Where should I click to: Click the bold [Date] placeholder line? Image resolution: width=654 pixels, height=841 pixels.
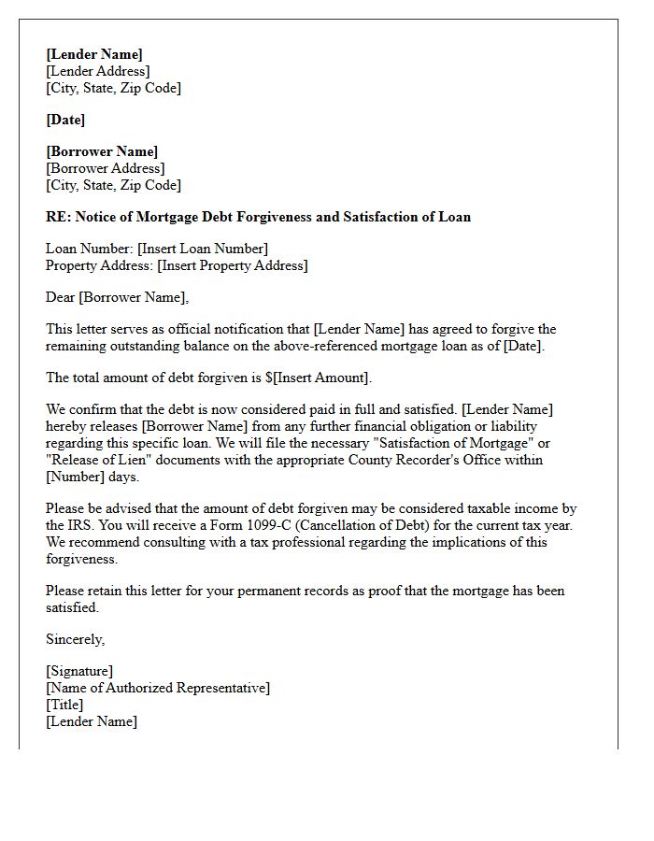(x=65, y=120)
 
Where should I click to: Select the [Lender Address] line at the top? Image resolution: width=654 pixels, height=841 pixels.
(x=97, y=71)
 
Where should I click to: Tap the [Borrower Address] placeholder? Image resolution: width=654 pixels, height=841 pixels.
(x=105, y=168)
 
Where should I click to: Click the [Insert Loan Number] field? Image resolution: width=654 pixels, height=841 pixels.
(x=203, y=249)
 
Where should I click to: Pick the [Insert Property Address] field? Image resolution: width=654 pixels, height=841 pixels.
(x=233, y=265)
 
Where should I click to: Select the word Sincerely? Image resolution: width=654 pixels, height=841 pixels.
(x=75, y=639)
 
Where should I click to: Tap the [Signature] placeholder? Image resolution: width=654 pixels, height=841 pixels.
(x=79, y=671)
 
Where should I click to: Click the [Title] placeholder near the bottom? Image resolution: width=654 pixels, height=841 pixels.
(x=64, y=705)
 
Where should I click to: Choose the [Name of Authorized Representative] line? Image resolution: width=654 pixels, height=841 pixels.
(x=158, y=688)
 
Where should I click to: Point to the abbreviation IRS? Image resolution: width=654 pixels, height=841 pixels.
(x=80, y=525)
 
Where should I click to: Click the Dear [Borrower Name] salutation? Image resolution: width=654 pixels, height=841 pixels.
(x=117, y=297)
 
